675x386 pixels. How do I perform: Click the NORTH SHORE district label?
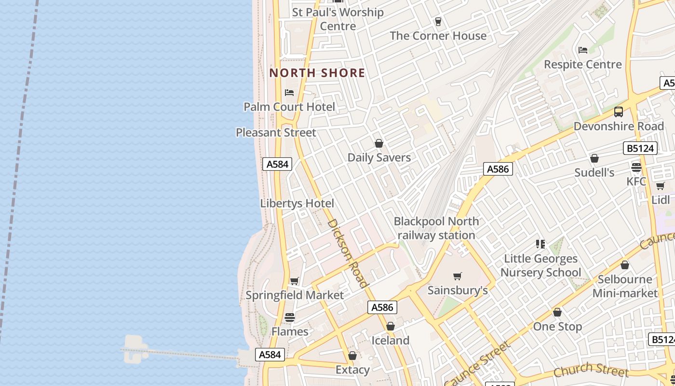317,73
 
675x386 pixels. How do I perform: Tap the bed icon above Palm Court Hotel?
289,92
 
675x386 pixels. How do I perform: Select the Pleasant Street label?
276,132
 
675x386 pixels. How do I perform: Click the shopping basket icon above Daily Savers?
379,143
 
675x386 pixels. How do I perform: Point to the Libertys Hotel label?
297,204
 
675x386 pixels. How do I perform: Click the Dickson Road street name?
348,253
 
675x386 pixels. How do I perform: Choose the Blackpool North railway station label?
436,228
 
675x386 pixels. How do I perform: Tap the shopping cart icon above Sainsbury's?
457,276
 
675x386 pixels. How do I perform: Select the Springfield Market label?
295,295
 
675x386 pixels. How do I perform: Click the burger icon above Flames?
289,317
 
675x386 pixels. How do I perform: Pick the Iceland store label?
390,340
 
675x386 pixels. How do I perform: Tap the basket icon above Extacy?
352,356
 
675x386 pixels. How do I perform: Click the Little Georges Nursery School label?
540,265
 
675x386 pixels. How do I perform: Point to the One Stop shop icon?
557,312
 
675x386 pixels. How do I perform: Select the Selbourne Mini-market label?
625,286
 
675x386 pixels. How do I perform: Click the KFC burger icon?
636,167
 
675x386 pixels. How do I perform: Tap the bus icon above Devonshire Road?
619,112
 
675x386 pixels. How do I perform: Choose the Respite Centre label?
583,64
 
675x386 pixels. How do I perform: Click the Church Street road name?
591,370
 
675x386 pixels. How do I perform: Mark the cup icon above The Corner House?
438,21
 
